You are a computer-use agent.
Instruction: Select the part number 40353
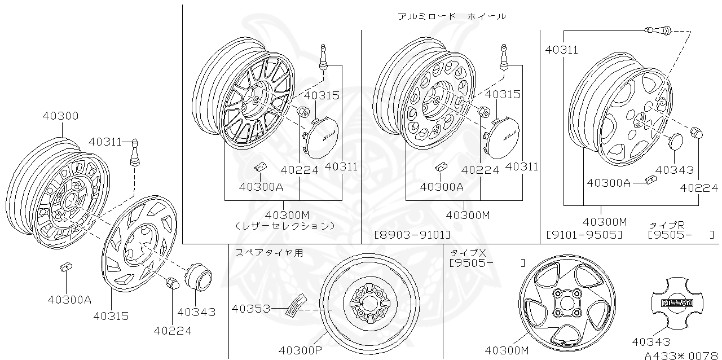point(250,309)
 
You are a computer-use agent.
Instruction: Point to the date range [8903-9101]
point(412,234)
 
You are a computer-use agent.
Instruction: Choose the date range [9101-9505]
point(584,234)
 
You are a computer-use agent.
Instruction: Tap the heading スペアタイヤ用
point(269,253)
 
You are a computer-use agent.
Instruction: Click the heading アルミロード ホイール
point(451,16)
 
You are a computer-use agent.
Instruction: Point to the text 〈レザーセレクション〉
point(284,225)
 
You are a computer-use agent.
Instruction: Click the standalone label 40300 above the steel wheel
point(60,116)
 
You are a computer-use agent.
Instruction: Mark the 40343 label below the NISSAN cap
point(651,341)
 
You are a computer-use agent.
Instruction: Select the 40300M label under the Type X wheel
point(508,350)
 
